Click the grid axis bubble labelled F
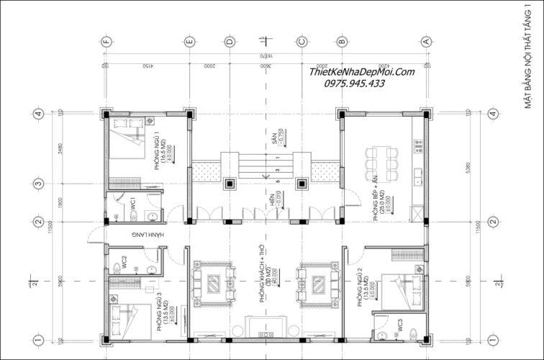pos(106,41)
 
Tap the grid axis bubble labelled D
pos(230,41)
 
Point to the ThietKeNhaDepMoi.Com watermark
pos(362,71)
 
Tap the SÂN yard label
pos(274,138)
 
